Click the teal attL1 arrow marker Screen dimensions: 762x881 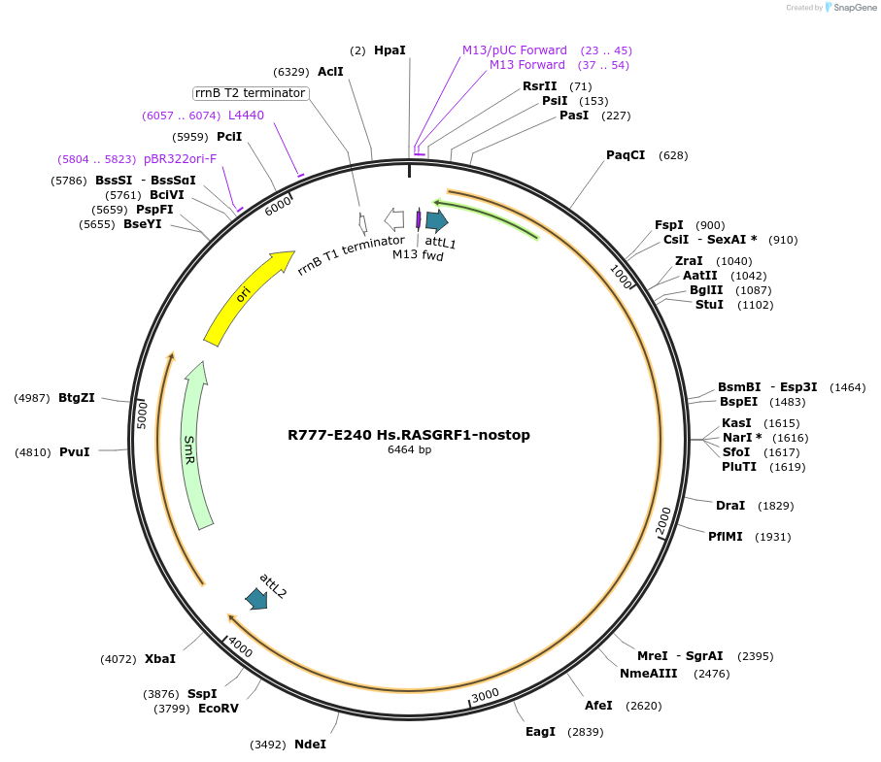pyautogui.click(x=436, y=220)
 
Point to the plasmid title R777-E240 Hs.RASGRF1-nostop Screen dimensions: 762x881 pyautogui.click(x=409, y=435)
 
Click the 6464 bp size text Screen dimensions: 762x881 pyautogui.click(x=409, y=450)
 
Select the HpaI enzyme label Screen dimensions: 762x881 pyautogui.click(x=390, y=50)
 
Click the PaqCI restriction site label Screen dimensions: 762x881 pyautogui.click(x=626, y=155)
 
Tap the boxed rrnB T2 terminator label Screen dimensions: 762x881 pyautogui.click(x=251, y=93)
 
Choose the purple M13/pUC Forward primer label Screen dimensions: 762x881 pyautogui.click(x=515, y=50)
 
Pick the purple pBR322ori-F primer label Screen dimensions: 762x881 pyautogui.click(x=180, y=158)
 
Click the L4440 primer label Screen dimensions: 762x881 pyautogui.click(x=246, y=116)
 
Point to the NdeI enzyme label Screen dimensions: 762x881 pyautogui.click(x=310, y=745)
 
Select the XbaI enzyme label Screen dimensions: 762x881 pyautogui.click(x=160, y=659)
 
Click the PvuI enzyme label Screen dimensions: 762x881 pyautogui.click(x=74, y=452)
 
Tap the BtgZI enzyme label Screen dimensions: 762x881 pyautogui.click(x=77, y=398)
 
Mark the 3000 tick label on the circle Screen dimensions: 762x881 pyautogui.click(x=485, y=695)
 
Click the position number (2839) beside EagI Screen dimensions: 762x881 pyautogui.click(x=586, y=732)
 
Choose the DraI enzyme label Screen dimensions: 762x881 pyautogui.click(x=729, y=506)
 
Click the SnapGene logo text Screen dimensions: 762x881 pyautogui.click(x=852, y=8)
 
